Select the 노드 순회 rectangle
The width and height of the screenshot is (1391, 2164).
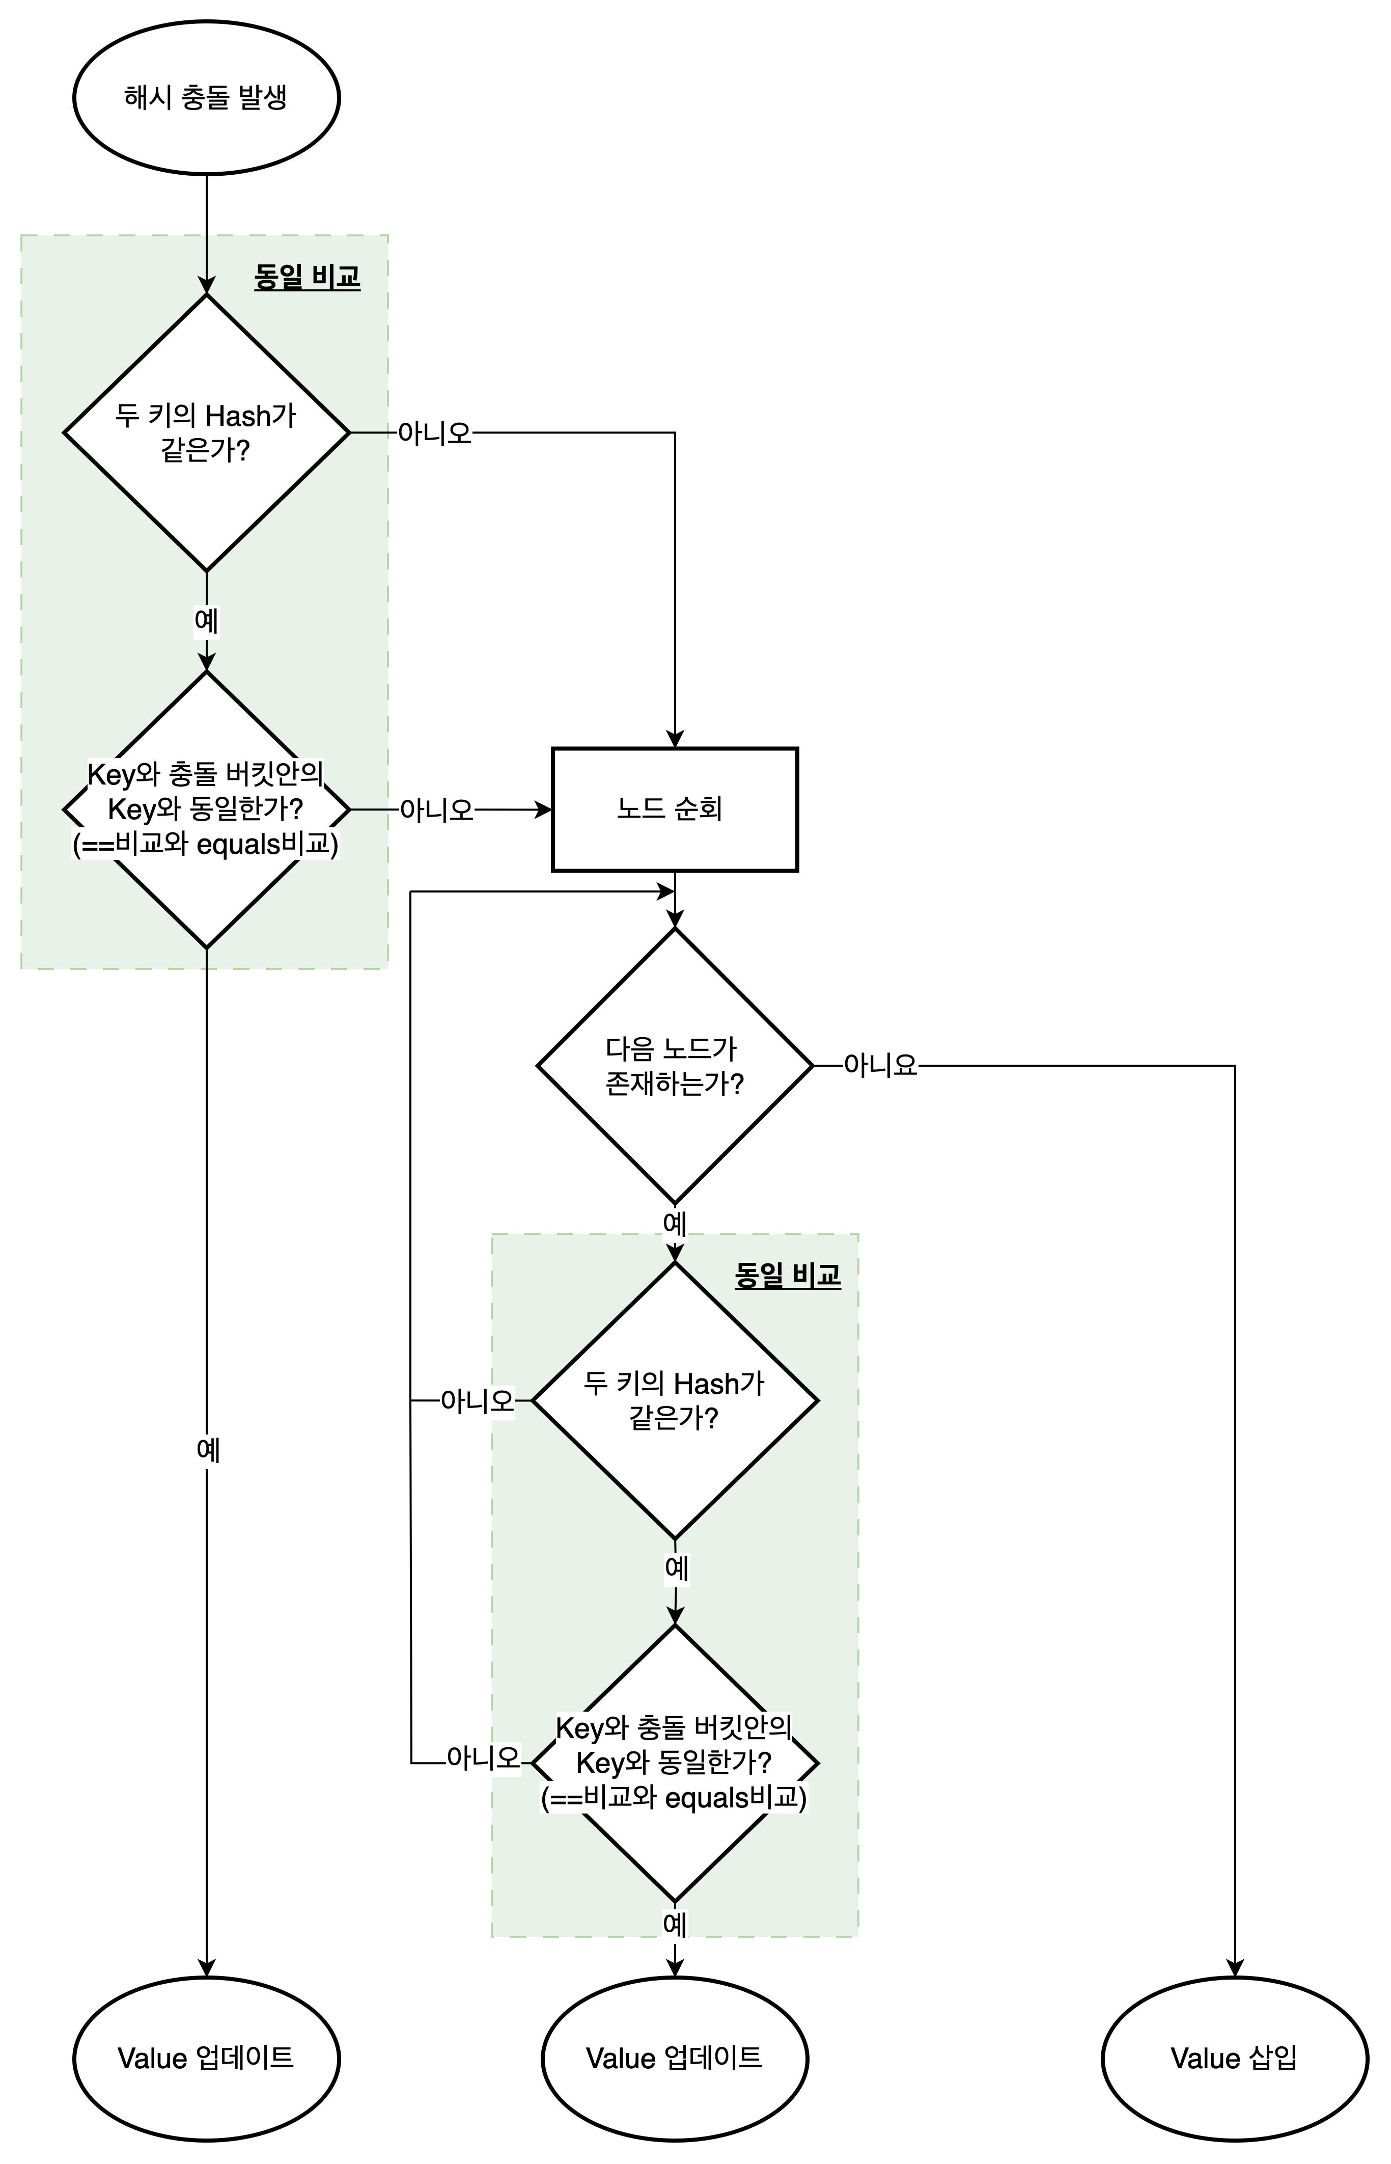(x=675, y=809)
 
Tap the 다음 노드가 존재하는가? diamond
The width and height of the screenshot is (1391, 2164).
(x=675, y=1066)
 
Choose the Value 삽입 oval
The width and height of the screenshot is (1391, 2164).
(x=1235, y=2058)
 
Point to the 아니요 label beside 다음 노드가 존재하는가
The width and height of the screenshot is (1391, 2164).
(x=881, y=1066)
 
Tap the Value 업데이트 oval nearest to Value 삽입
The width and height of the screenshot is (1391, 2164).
(x=675, y=2058)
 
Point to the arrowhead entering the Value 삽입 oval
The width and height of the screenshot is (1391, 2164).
(x=1235, y=1968)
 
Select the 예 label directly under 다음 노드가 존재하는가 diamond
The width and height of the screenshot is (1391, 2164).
(x=675, y=1224)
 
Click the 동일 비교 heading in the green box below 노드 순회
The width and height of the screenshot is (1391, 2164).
(x=788, y=1275)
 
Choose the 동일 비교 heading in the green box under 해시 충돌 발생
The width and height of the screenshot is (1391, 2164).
(x=307, y=277)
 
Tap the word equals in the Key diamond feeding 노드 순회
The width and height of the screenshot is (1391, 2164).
(x=238, y=845)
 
